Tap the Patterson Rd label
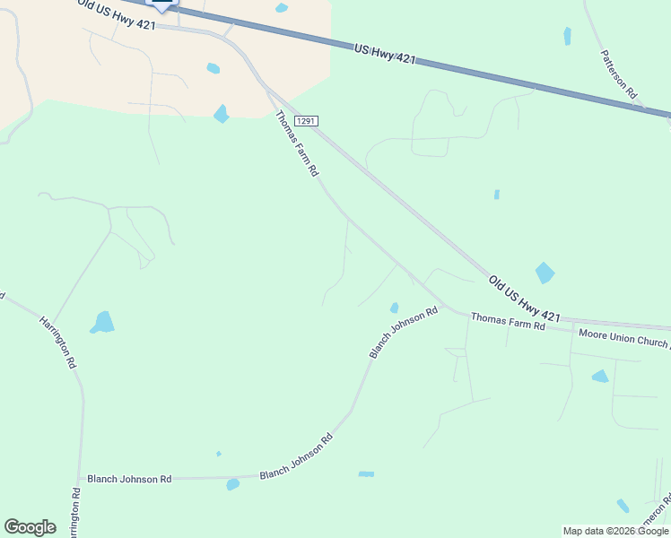tap(619, 74)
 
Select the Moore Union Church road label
tap(623, 338)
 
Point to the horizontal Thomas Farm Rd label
tap(508, 321)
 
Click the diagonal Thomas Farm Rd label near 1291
tap(297, 143)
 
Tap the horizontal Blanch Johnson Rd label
tap(129, 480)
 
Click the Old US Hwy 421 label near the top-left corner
tap(117, 14)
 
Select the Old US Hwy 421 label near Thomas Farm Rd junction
tap(524, 299)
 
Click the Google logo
tap(30, 527)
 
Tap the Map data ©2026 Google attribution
tap(615, 531)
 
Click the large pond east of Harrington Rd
tap(103, 322)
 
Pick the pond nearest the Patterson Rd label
tap(567, 36)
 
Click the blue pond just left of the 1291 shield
tap(221, 114)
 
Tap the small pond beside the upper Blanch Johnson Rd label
tap(394, 308)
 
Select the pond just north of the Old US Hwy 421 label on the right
tap(545, 273)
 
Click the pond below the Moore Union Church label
tap(600, 376)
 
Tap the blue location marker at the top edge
tap(161, 4)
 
